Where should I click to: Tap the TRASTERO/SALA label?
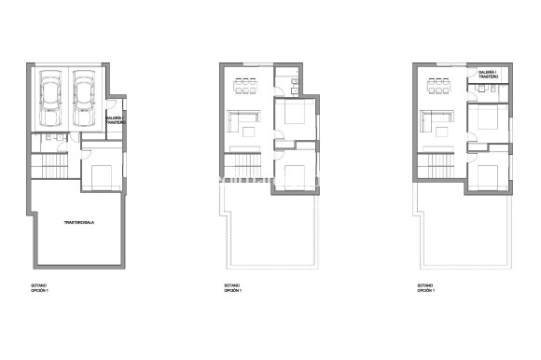(79, 223)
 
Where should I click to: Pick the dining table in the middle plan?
(246, 87)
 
